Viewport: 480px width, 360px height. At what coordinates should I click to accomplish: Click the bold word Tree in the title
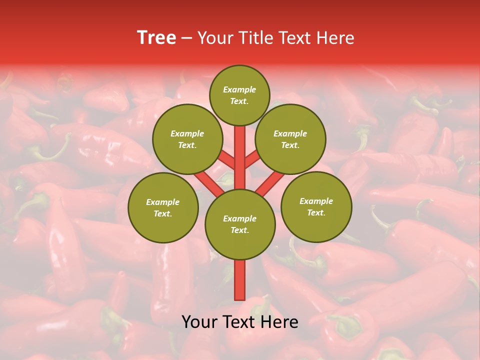point(156,38)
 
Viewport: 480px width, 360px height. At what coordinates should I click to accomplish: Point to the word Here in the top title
point(336,38)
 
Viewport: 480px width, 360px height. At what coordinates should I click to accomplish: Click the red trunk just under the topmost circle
point(240,137)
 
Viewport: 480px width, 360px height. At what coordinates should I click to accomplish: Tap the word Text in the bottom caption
point(239,322)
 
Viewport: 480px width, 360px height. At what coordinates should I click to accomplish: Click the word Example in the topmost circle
point(239,90)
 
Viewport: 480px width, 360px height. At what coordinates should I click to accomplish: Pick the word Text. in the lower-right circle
point(316,213)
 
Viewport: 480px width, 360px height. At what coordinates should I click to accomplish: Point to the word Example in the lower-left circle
point(163,202)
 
